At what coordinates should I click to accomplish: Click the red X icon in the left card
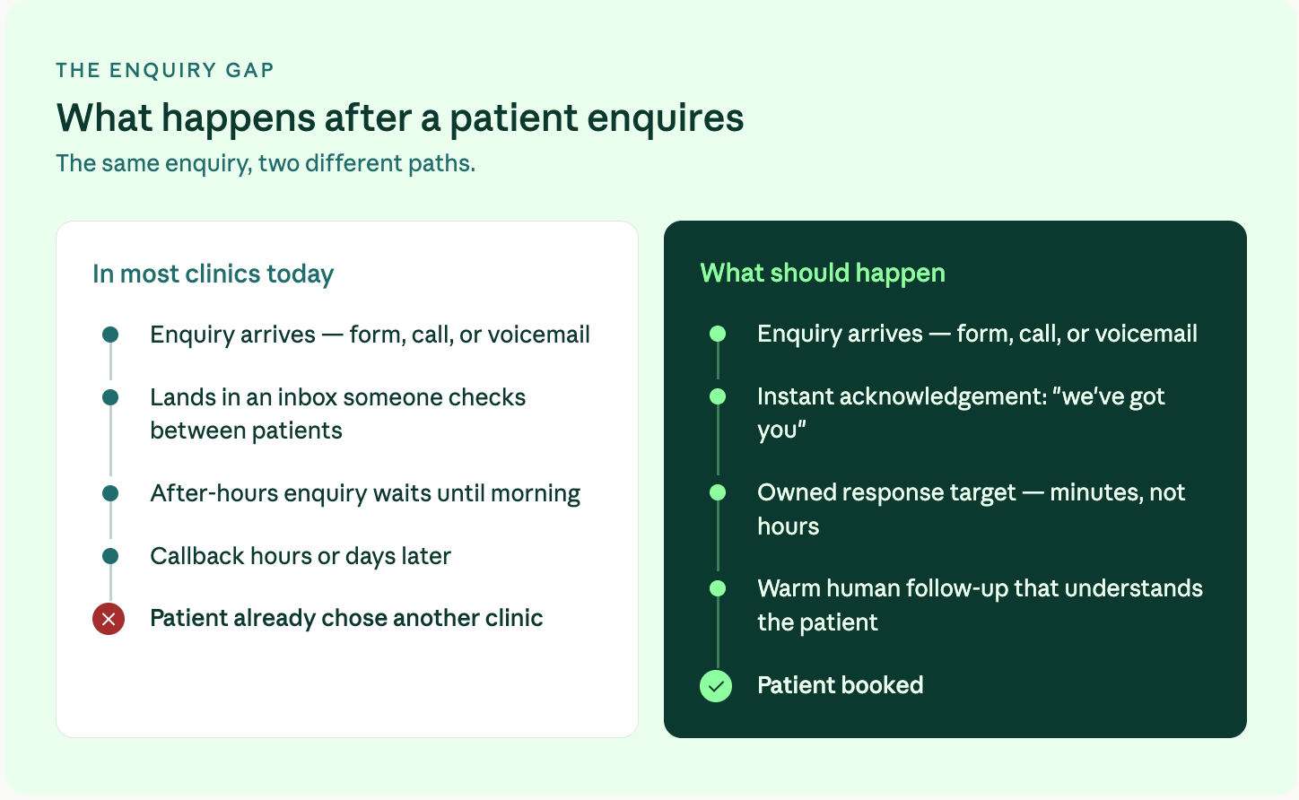[109, 619]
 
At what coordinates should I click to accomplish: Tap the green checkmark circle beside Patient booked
[716, 686]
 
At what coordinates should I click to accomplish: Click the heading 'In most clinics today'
[213, 274]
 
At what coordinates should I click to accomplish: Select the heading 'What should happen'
[823, 273]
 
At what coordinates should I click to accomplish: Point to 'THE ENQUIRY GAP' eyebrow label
[165, 70]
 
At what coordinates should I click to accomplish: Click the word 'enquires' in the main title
[665, 119]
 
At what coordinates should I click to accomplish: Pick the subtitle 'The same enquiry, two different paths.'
[266, 163]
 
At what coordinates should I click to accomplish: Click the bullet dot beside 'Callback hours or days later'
[110, 556]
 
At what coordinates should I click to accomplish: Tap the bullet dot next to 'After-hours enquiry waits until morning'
[110, 493]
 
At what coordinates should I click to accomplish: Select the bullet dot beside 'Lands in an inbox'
[110, 397]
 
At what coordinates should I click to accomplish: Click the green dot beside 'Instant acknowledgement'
[718, 396]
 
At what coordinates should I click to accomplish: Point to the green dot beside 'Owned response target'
[718, 492]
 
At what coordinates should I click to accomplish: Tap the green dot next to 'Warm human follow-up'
[718, 588]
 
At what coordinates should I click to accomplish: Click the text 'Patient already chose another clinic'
[346, 618]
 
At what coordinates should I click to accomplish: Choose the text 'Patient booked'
[841, 685]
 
